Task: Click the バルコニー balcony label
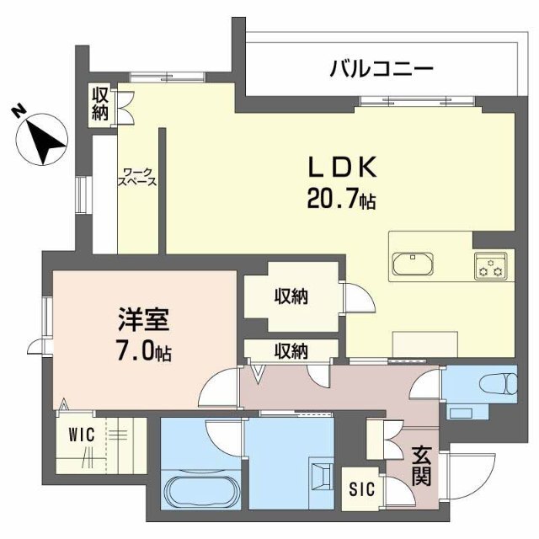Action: point(382,69)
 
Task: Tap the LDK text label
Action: point(342,168)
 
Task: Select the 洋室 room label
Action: point(144,319)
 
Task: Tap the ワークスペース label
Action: point(137,177)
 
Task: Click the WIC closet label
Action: point(82,435)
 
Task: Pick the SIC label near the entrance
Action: point(361,488)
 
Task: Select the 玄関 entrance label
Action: point(421,466)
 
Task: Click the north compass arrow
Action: point(43,139)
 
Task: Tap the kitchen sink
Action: point(413,264)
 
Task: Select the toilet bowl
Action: point(498,384)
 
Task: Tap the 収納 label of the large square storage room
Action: point(291,296)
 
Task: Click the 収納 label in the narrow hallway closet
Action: point(291,351)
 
